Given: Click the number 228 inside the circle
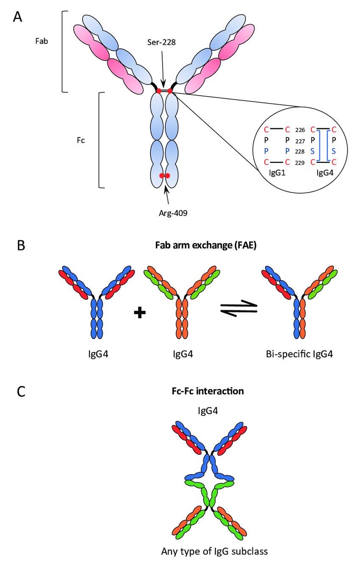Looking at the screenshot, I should (x=299, y=151).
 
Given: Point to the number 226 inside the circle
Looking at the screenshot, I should (x=299, y=130).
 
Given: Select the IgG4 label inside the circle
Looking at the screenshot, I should (x=320, y=173).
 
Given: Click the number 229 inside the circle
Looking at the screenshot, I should (x=299, y=162).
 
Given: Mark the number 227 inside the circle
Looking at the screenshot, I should (x=299, y=141).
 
